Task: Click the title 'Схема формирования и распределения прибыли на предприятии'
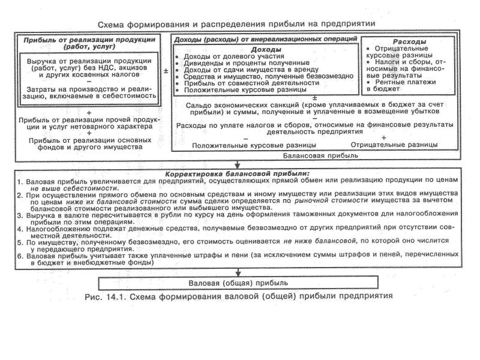click(x=239, y=23)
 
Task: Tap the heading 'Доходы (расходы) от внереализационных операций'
click(x=265, y=39)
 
